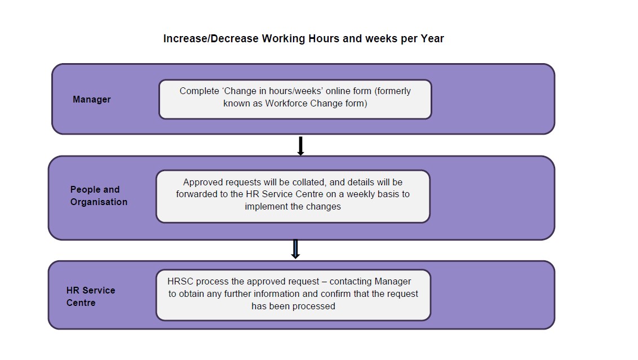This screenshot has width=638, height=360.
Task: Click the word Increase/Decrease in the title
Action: click(211, 39)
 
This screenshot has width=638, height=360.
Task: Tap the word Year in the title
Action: click(432, 39)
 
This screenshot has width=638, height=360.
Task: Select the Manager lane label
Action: click(91, 100)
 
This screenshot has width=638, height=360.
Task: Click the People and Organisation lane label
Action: click(99, 195)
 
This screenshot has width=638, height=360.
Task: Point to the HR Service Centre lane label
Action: click(91, 296)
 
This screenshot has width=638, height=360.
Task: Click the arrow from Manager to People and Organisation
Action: click(301, 146)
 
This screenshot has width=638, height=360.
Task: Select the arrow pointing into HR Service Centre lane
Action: click(295, 249)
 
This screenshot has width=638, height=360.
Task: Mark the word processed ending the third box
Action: click(316, 306)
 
